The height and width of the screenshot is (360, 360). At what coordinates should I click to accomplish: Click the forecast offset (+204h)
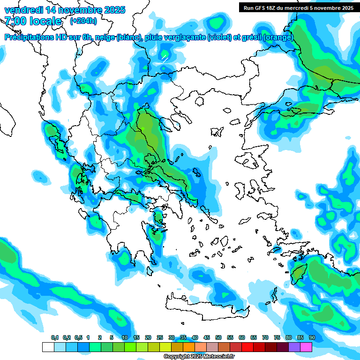(83, 21)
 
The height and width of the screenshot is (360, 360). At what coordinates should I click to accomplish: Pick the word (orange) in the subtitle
(278, 37)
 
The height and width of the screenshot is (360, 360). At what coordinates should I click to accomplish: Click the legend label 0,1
(55, 338)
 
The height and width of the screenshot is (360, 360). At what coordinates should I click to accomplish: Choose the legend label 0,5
(78, 338)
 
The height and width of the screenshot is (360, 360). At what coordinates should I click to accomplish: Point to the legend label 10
(125, 338)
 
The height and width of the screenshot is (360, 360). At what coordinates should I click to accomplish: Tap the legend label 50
(218, 338)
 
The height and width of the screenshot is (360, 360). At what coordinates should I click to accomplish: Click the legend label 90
(312, 338)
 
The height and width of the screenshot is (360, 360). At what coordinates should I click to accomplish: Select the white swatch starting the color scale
(48, 347)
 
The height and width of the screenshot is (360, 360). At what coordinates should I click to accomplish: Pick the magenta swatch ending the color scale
(306, 347)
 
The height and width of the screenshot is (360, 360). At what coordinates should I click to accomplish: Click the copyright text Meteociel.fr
(218, 357)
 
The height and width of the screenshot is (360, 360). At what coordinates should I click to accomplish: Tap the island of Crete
(206, 302)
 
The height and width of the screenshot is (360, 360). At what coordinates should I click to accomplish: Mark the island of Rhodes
(298, 273)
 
